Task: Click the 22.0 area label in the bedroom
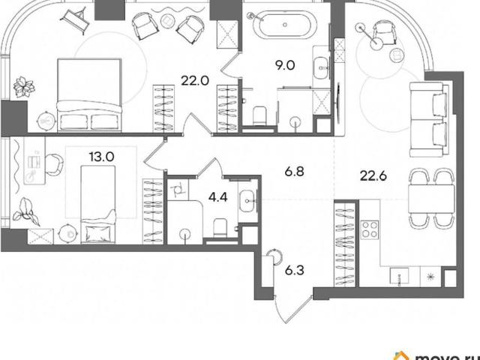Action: point(195,81)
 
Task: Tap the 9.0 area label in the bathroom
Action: point(285,65)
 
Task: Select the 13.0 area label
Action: point(102,157)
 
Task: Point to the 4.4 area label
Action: point(218,197)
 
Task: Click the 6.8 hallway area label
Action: point(294,172)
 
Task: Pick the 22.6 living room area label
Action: point(373,176)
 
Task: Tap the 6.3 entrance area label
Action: point(295,271)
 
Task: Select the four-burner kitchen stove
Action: point(370,230)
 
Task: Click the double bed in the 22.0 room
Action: point(89,95)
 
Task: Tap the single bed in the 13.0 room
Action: point(98,205)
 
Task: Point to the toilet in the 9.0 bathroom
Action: point(260,115)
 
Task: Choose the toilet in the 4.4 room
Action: point(220,228)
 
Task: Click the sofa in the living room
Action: point(427,119)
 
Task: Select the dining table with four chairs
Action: point(431,199)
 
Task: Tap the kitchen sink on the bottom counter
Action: point(399,276)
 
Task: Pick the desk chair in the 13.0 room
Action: point(55,165)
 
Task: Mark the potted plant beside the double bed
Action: point(24,87)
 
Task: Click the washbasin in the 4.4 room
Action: point(248,201)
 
